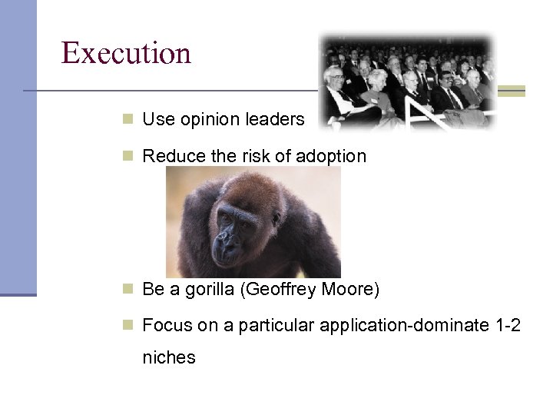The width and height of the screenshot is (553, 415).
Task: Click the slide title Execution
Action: pos(126,53)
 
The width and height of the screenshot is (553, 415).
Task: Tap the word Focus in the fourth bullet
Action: pos(165,326)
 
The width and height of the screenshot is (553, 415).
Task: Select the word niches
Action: pos(169,357)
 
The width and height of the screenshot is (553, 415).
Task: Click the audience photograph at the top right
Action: pos(407,80)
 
